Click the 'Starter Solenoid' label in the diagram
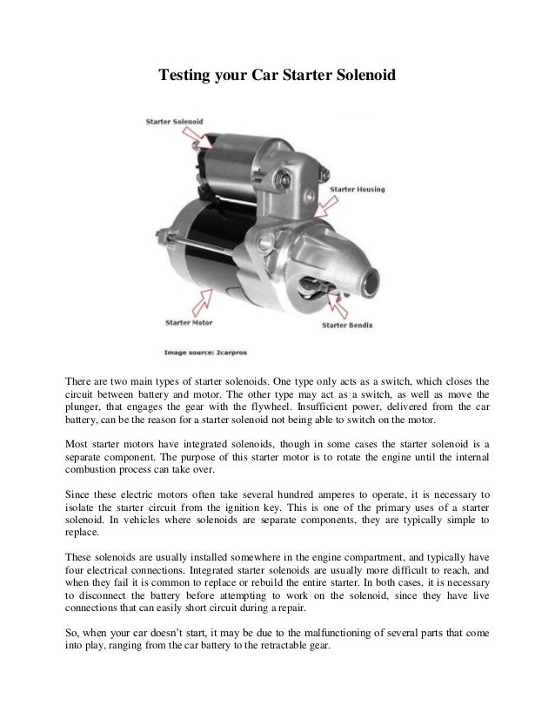(x=173, y=122)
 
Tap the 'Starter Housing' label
(x=358, y=189)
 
